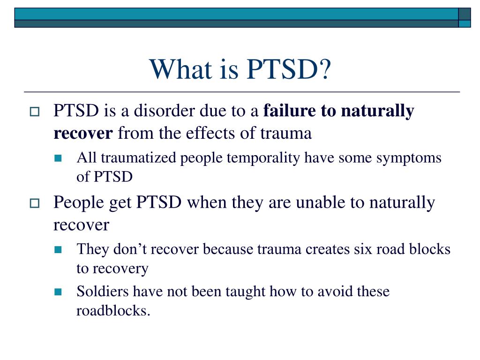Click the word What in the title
[181, 69]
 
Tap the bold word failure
[289, 110]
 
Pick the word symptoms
[409, 158]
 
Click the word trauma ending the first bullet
[286, 134]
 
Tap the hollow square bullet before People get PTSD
[35, 203]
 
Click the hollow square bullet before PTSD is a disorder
[35, 112]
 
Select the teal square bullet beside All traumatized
[58, 158]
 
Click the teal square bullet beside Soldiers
[58, 292]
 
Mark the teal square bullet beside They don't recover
[58, 250]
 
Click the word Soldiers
[103, 291]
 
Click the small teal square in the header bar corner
[465, 23]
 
